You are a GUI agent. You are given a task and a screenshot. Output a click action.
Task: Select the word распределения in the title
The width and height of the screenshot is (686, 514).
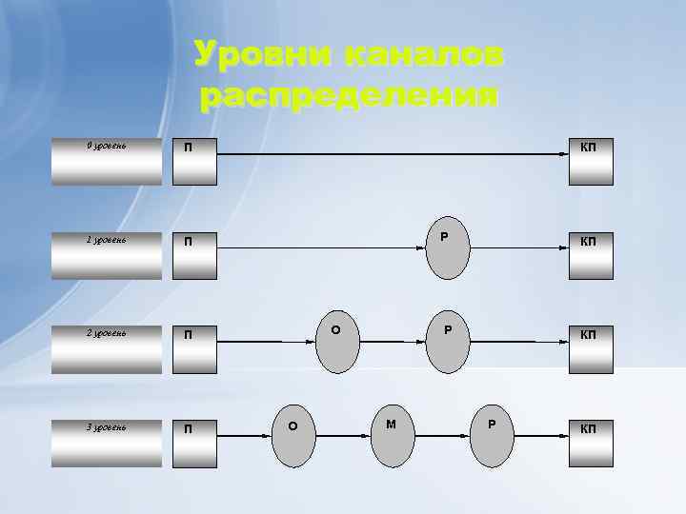tap(349, 95)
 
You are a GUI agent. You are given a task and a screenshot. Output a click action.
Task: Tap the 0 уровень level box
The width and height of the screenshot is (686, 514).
tap(107, 162)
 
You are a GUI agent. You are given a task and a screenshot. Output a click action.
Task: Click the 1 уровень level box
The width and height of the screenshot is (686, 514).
tap(107, 255)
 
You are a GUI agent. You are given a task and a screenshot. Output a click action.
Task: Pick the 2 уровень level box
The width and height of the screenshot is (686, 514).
tap(107, 348)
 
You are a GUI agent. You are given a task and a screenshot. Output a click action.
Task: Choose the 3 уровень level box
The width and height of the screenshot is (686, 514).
tap(107, 442)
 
